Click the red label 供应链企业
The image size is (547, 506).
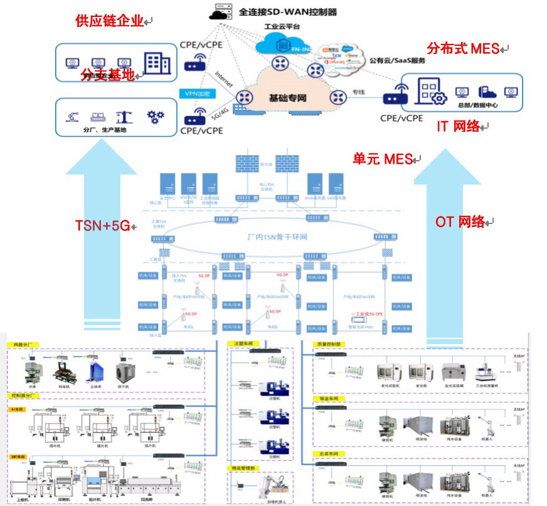tap(109, 21)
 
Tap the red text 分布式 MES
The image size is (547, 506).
tap(462, 48)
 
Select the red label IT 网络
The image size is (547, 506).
tap(458, 126)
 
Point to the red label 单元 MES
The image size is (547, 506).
tap(382, 159)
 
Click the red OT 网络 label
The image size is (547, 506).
tap(460, 222)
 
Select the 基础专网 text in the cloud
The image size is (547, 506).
tap(288, 98)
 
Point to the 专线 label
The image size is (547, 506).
tap(358, 92)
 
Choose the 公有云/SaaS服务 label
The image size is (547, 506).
tap(398, 61)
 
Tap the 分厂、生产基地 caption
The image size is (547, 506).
tap(105, 130)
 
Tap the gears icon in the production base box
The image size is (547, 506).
tap(155, 116)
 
